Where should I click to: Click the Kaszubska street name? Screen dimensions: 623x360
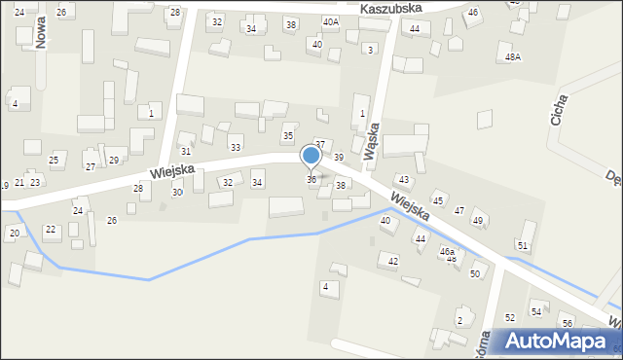click(389, 8)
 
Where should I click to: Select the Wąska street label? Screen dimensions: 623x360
click(369, 146)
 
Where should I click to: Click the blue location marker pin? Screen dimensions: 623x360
click(311, 156)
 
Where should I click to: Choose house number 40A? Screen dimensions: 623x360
click(331, 21)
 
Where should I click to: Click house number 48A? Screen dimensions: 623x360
click(513, 57)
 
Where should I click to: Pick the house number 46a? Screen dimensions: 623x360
click(447, 251)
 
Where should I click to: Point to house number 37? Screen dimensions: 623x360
click(319, 144)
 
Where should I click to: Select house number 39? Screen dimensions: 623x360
click(339, 157)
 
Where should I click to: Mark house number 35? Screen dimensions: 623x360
click(287, 135)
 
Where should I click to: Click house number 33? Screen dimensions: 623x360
click(235, 147)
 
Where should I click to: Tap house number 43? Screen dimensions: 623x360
click(403, 180)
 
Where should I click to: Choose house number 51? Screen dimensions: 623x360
click(523, 245)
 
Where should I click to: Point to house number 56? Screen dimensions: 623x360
click(568, 322)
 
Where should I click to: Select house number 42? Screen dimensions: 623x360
click(393, 261)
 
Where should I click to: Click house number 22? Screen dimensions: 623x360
click(51, 229)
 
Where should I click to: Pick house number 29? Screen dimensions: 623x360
click(113, 160)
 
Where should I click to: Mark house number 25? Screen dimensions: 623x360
click(54, 160)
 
